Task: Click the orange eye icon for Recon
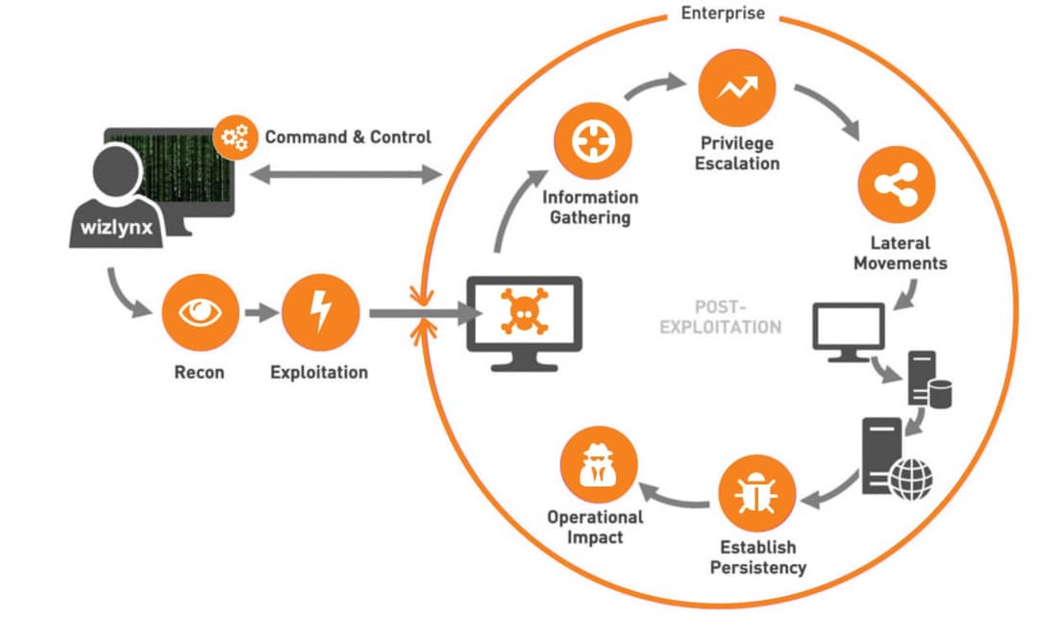point(200,313)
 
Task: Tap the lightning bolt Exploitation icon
point(320,313)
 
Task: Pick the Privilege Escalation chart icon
point(737,87)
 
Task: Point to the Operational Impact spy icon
point(599,464)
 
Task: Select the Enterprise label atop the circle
point(723,13)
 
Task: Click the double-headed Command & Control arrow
point(343,175)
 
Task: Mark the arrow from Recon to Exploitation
point(259,313)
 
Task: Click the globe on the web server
point(910,479)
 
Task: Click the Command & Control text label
point(348,137)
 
